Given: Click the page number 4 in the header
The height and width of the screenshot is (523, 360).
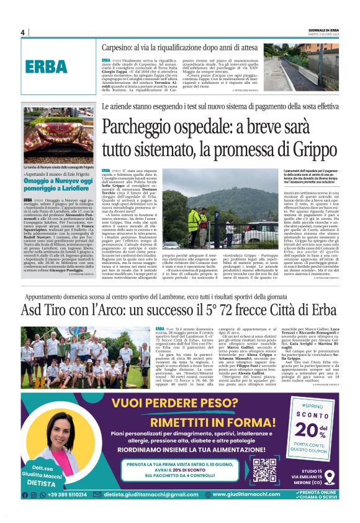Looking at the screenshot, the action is click(23, 33).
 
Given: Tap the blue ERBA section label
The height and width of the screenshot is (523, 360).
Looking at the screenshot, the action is click(47, 66).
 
